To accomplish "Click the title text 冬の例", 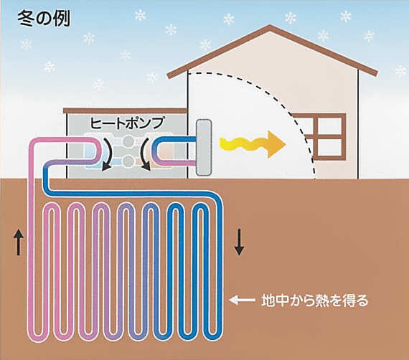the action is (x=44, y=19).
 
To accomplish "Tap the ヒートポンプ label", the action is (x=127, y=123).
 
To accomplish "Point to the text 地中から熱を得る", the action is (x=315, y=300).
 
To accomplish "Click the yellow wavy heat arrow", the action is (x=253, y=144).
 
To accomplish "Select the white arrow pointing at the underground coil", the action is (x=242, y=300).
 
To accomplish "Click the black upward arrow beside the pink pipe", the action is (x=19, y=242).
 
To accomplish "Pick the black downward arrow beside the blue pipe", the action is (x=239, y=242).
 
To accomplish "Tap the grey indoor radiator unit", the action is (x=204, y=147).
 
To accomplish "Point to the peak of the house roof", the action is (x=271, y=26).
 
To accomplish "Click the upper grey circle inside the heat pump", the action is (x=128, y=141).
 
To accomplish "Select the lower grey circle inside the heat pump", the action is (x=128, y=161).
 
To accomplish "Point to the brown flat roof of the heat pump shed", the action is (x=126, y=110).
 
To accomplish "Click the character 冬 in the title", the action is (x=25, y=19).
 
